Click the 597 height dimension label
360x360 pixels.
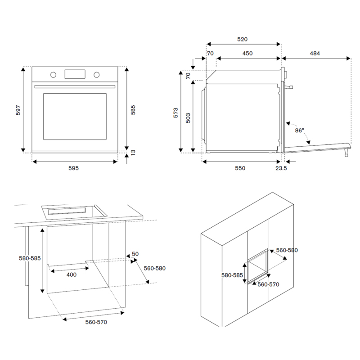pyautogui.click(x=18, y=110)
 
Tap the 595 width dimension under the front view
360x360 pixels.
pyautogui.click(x=73, y=168)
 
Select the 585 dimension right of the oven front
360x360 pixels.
pyautogui.click(x=133, y=110)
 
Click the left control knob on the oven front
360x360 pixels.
pyautogui.click(x=53, y=74)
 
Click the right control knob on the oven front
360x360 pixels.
pyautogui.click(x=96, y=74)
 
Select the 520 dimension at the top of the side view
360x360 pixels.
pyautogui.click(x=243, y=40)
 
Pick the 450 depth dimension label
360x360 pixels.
pyautogui.click(x=247, y=54)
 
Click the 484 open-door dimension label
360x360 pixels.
pyautogui.click(x=315, y=54)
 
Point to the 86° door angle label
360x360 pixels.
pyautogui.click(x=299, y=130)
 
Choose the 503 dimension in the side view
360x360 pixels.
pyautogui.click(x=188, y=117)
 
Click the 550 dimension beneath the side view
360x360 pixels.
pyautogui.click(x=240, y=168)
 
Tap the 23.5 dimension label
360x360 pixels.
pyautogui.click(x=281, y=168)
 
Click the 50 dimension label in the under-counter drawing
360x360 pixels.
pyautogui.click(x=135, y=254)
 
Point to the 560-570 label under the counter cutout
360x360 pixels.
pyautogui.click(x=96, y=322)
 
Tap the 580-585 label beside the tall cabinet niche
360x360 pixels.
pyautogui.click(x=232, y=275)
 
